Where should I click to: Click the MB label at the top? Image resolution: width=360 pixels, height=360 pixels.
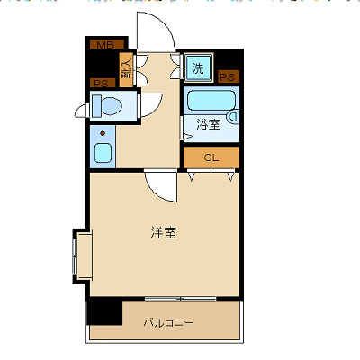[x=104, y=43]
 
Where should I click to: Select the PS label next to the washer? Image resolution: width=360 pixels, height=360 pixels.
[x=228, y=77]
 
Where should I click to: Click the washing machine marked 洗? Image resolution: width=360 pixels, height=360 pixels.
[x=197, y=67]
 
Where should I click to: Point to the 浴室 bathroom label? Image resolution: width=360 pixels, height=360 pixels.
[x=209, y=125]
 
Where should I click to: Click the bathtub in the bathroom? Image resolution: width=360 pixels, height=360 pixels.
[x=211, y=100]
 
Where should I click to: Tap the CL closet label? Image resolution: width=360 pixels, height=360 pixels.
[x=211, y=157]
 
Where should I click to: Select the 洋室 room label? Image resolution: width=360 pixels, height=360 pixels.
[x=163, y=233]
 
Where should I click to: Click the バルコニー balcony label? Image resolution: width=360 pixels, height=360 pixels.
[x=168, y=322]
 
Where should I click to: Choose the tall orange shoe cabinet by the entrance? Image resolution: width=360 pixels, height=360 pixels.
[x=127, y=69]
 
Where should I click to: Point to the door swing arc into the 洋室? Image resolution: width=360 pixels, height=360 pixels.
[x=162, y=187]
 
